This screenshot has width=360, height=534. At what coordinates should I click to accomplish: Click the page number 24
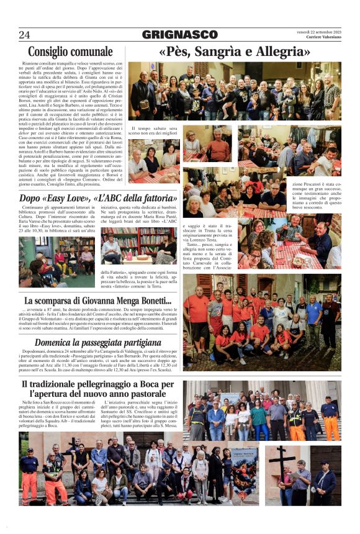(x=25, y=34)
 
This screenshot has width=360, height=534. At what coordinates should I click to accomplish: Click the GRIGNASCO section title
(x=179, y=35)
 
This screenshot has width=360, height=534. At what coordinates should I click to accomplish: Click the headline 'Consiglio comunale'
(x=70, y=52)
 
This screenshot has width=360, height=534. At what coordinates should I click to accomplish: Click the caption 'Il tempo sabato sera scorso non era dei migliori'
(x=153, y=131)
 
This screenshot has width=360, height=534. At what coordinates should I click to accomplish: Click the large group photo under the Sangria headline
(x=234, y=91)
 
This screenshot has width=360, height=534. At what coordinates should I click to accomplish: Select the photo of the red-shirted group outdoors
(x=261, y=322)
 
